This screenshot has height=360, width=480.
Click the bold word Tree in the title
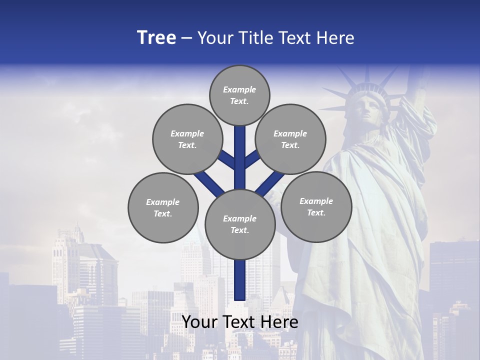[156, 38]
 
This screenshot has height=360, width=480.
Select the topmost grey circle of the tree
[239, 95]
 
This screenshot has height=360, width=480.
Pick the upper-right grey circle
[290, 139]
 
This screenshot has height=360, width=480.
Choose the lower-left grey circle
[163, 207]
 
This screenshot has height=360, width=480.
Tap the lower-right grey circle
[316, 206]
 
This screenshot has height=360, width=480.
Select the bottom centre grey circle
[240, 224]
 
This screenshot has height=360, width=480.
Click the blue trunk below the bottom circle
[240, 280]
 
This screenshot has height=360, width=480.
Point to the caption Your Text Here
[240, 322]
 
